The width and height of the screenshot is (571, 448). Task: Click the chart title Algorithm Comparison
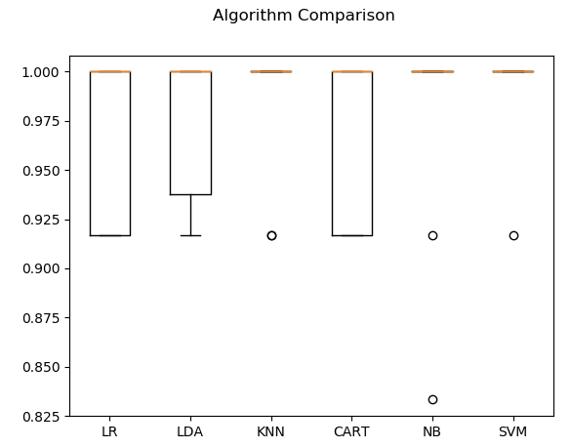[x=304, y=16]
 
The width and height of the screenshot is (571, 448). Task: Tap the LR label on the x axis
[x=109, y=431]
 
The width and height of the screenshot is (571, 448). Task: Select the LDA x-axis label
[x=190, y=431]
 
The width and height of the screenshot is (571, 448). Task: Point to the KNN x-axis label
[x=271, y=431]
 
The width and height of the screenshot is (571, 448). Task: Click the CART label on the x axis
[x=351, y=431]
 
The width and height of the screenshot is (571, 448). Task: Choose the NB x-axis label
[x=432, y=431]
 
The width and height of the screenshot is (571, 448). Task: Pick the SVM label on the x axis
[x=513, y=431]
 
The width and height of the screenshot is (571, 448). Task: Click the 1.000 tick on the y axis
[x=43, y=72]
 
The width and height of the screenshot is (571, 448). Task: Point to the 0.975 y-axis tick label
[x=43, y=121]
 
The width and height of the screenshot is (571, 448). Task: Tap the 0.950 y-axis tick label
[x=43, y=171]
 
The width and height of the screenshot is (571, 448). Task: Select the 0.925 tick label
[x=43, y=220]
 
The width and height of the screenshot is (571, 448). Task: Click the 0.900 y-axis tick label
[x=43, y=268]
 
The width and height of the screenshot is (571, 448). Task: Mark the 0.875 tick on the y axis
[x=43, y=318]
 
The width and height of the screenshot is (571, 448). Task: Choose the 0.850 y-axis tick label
[x=43, y=367]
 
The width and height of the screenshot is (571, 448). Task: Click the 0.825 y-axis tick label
[x=43, y=417]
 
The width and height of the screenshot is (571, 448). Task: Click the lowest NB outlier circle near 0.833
[x=432, y=399]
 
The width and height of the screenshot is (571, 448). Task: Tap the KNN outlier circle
[x=271, y=235]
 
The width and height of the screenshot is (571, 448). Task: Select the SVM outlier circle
[x=513, y=235]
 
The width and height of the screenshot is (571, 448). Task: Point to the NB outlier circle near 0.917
[x=432, y=235]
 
